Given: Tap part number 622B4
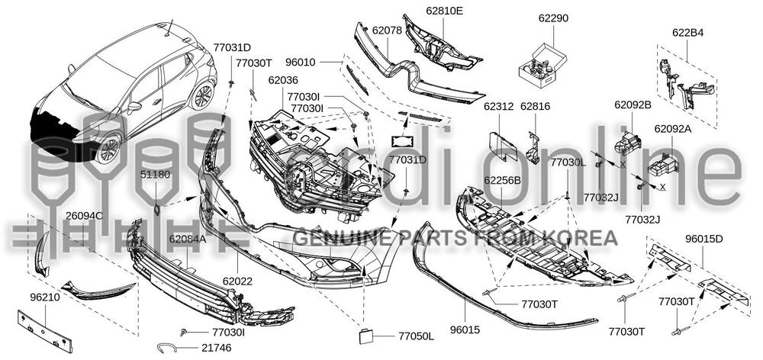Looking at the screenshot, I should coord(687,33).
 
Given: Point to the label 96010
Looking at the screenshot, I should coord(320,59).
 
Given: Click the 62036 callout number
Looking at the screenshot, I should coord(283,80).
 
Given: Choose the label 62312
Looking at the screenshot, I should coord(497,108).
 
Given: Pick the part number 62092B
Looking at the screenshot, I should coord(633,104).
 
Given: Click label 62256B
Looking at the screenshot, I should coord(502,180).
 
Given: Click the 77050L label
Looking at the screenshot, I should coord(415,336).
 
